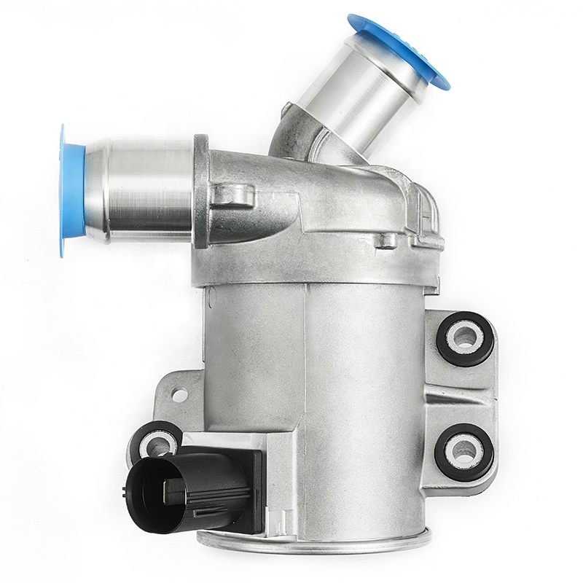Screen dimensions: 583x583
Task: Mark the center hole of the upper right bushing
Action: tap(464, 337)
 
